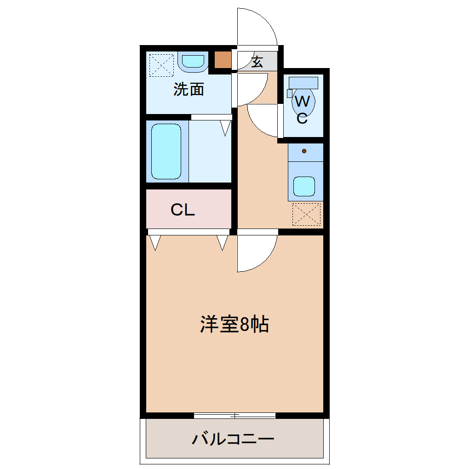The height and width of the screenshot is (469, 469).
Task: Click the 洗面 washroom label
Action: [189, 89]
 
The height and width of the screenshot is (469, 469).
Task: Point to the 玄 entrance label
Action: [257, 61]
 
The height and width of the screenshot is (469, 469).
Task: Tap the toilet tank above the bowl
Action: [303, 83]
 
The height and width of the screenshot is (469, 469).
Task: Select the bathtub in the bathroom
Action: [166, 151]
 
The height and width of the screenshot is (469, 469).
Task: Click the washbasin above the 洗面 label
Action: [193, 62]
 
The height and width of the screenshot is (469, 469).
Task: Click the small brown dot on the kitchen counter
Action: [304, 151]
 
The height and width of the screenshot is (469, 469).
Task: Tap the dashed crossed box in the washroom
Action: [161, 65]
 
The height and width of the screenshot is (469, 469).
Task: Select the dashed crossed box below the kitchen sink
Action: [306, 214]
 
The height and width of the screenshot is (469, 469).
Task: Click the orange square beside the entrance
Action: [223, 60]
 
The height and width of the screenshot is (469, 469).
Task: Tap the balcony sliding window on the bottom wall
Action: [234, 416]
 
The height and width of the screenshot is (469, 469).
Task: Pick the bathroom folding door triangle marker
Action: [226, 127]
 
